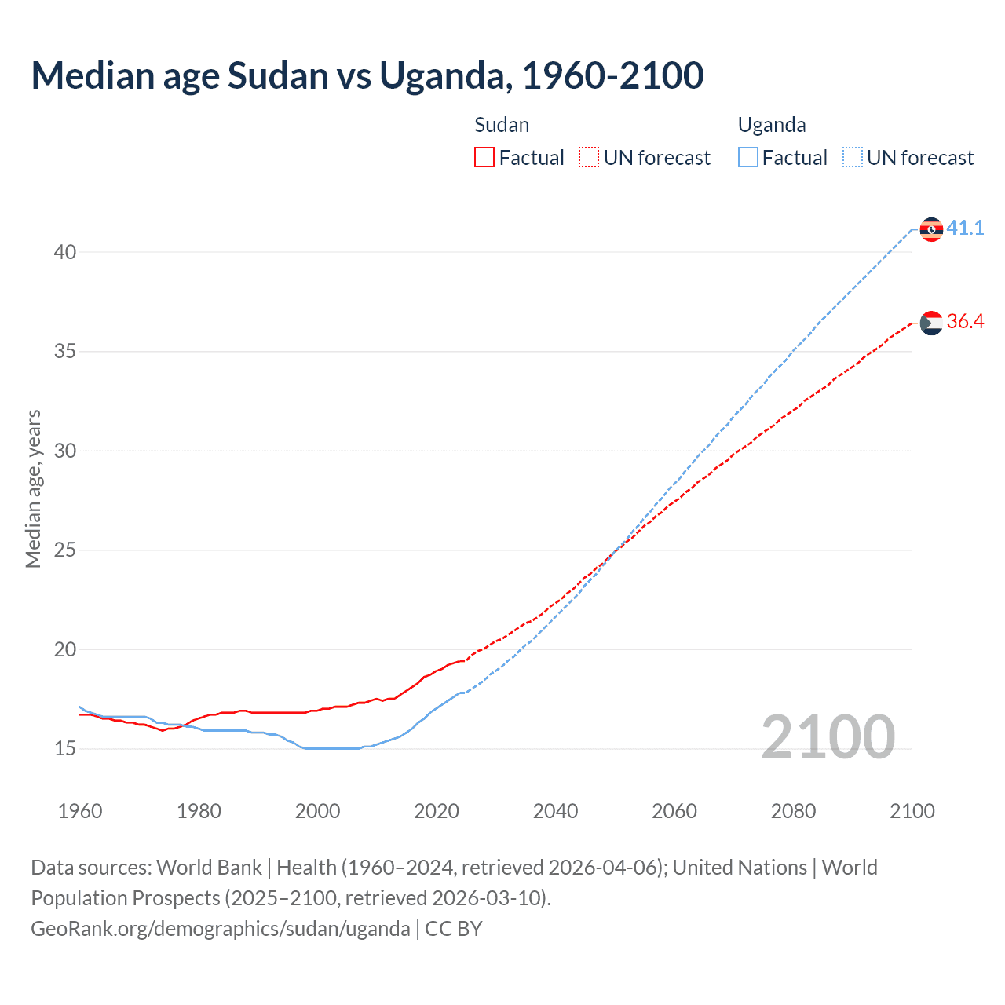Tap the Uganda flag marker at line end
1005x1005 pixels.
tap(931, 229)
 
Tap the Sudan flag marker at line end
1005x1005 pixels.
tap(931, 323)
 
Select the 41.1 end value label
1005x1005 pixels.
tap(965, 228)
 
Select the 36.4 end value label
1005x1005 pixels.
tap(965, 322)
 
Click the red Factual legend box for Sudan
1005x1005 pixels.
tap(484, 158)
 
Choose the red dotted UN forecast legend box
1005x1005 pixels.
tap(589, 158)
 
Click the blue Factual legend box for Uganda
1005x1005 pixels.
tap(747, 158)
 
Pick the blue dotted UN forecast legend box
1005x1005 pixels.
tap(852, 158)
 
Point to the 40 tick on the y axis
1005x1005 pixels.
tap(65, 252)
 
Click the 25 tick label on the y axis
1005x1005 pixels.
tap(65, 550)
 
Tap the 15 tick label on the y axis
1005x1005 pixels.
tap(65, 749)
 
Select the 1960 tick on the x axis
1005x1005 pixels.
tap(80, 811)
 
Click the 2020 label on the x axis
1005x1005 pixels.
tap(437, 811)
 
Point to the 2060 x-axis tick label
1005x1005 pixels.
tap(674, 811)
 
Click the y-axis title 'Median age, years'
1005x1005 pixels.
tap(33, 488)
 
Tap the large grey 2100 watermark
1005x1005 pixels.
tap(828, 736)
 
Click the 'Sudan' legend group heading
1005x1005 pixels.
tap(502, 126)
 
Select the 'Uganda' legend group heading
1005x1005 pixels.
tap(772, 126)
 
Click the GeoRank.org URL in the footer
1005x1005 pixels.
tap(221, 929)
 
